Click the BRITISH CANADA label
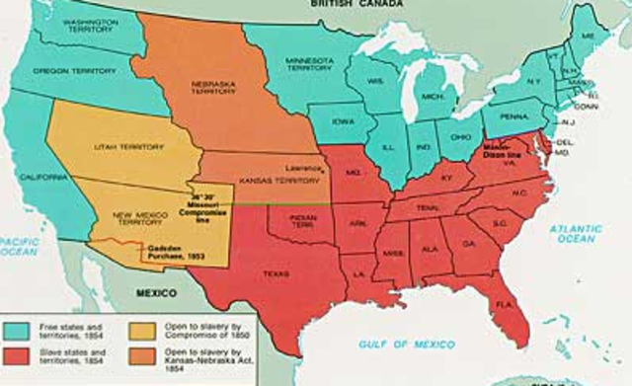click(x=343, y=5)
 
